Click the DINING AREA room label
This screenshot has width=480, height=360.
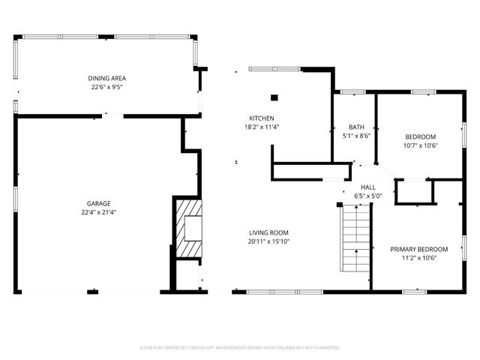[x=106, y=78]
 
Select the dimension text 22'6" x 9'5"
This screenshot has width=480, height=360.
[x=106, y=86]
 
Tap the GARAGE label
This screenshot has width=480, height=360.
[x=98, y=203]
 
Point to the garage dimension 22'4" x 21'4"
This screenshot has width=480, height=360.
[x=98, y=211]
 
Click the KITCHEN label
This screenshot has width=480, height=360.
[x=262, y=118]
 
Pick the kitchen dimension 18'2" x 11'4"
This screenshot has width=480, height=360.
[x=262, y=127]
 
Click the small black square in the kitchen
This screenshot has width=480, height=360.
[x=274, y=97]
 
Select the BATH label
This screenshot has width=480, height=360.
[x=356, y=127]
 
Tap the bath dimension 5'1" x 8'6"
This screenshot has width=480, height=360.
[x=356, y=136]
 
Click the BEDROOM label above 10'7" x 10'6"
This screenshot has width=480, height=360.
[x=421, y=136]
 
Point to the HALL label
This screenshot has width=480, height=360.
[x=368, y=187]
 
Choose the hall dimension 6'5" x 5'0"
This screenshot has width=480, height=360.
[x=368, y=196]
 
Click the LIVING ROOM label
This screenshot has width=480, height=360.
[x=269, y=232]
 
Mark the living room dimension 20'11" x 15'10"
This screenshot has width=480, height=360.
[x=269, y=241]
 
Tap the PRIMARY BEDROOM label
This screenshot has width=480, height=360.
[x=418, y=249]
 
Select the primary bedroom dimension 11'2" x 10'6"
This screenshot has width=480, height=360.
[x=418, y=257]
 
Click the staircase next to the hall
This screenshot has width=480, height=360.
[x=356, y=240]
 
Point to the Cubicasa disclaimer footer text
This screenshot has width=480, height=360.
[x=240, y=348]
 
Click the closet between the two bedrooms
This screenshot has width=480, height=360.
[x=414, y=192]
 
